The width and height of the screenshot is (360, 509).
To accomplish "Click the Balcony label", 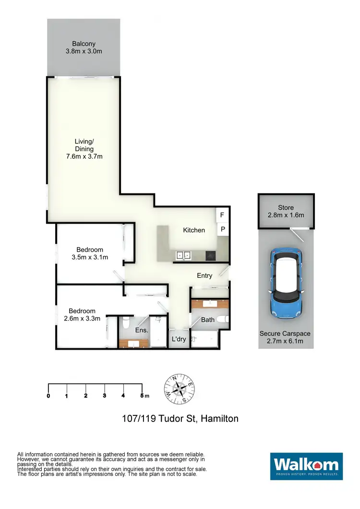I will pos(84,43).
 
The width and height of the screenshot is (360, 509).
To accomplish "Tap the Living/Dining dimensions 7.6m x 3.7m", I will pos(84,156).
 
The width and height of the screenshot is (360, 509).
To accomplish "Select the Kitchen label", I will pos(194,230).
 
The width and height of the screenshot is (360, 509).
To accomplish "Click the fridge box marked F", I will pos(222,215).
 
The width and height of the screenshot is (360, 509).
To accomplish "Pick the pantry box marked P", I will pos(223,230).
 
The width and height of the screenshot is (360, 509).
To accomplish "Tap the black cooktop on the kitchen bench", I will pos(211,255).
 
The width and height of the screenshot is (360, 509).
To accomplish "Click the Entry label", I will pos(204,275).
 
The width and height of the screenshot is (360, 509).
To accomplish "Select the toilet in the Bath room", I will pos(223,319).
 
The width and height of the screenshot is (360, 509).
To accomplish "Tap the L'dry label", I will pos(179,339).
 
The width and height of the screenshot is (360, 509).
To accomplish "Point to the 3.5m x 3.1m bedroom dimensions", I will pos(89,257).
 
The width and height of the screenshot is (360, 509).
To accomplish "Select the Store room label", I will pos(286,207).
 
